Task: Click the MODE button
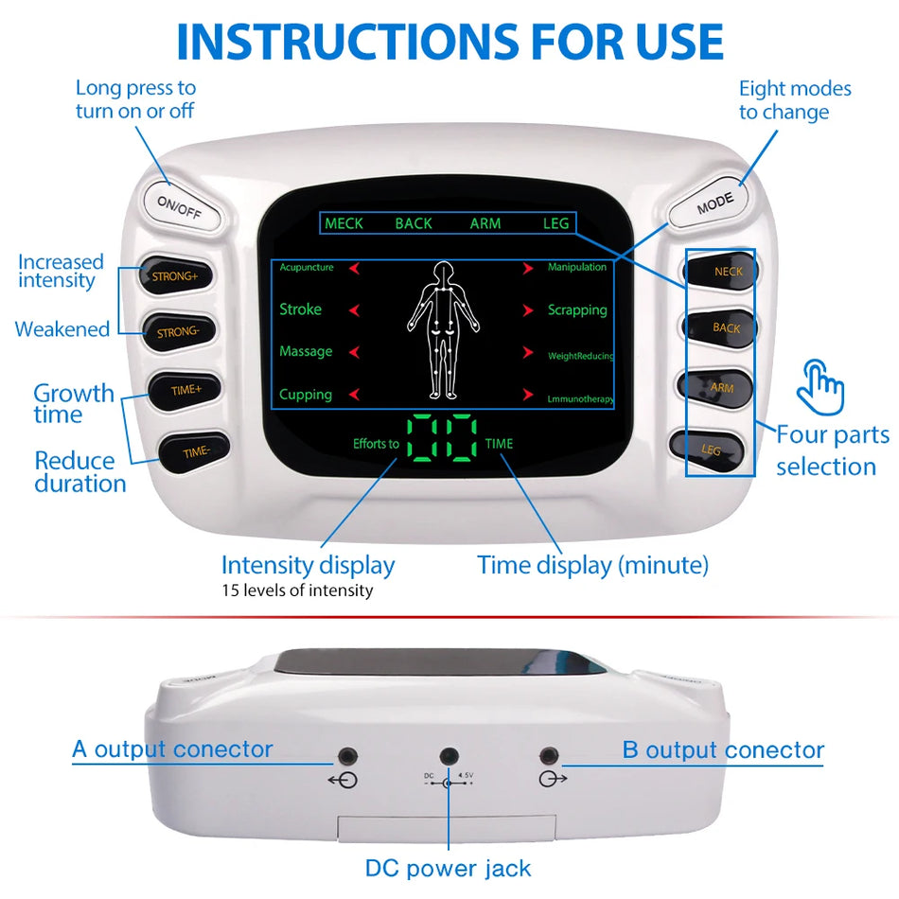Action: (714, 205)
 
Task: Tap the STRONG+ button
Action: (177, 276)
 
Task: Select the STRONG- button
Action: (178, 332)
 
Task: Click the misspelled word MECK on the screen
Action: (344, 223)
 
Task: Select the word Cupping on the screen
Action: (306, 395)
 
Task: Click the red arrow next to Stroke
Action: (355, 310)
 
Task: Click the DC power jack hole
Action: (449, 756)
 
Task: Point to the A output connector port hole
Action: (348, 756)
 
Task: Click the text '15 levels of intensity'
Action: (297, 591)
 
